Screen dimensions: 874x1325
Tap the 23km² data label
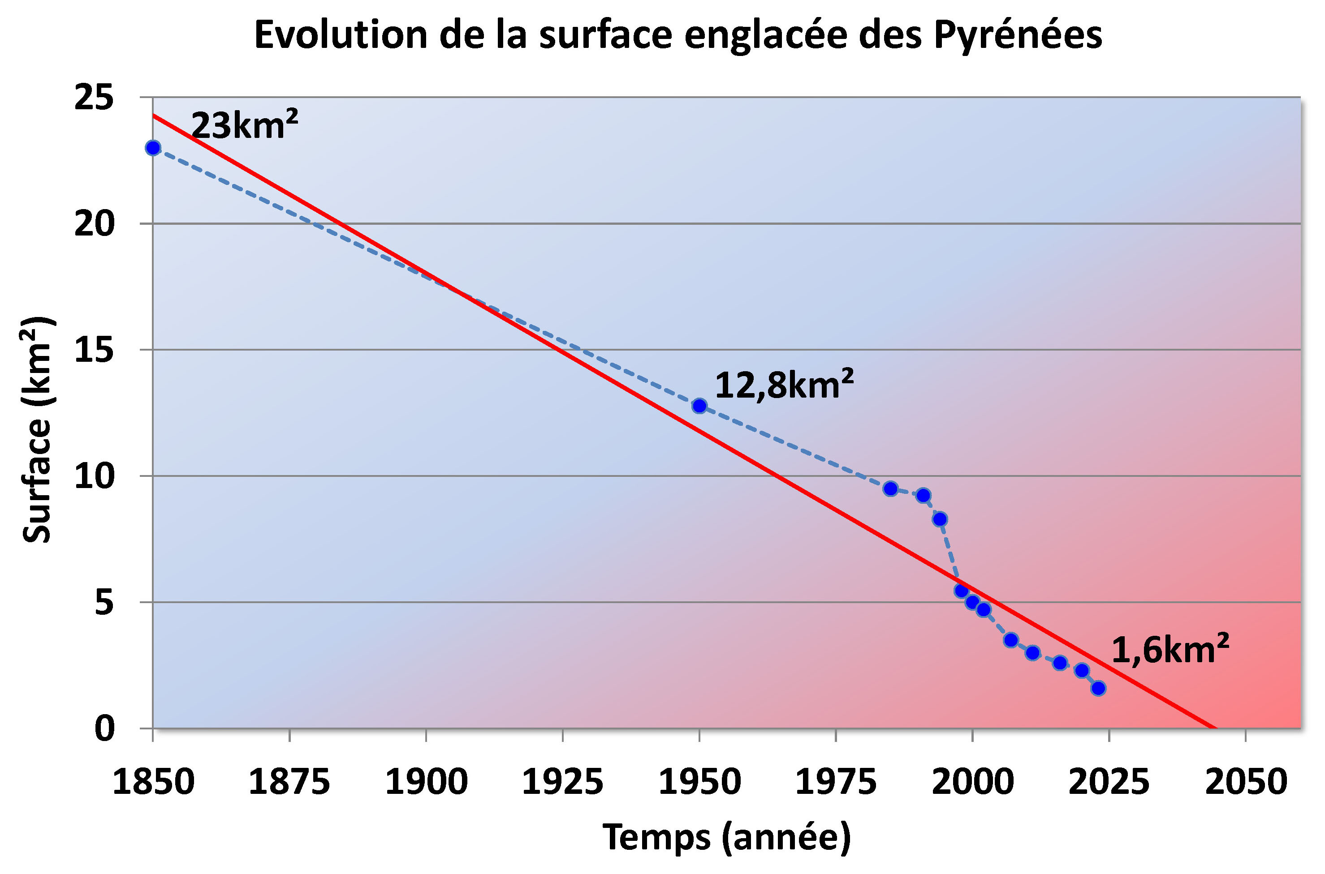[x=244, y=125]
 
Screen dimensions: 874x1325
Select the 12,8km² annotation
[x=784, y=385]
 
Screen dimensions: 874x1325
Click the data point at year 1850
[x=153, y=148]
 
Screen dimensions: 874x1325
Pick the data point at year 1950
[x=699, y=406]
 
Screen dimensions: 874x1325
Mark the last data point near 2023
[x=1098, y=688]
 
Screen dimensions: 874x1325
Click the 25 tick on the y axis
[x=94, y=98]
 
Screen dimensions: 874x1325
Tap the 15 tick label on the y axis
[x=94, y=350]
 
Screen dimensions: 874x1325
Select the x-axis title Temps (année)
[x=727, y=837]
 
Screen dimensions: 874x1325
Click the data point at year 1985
[x=891, y=489]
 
